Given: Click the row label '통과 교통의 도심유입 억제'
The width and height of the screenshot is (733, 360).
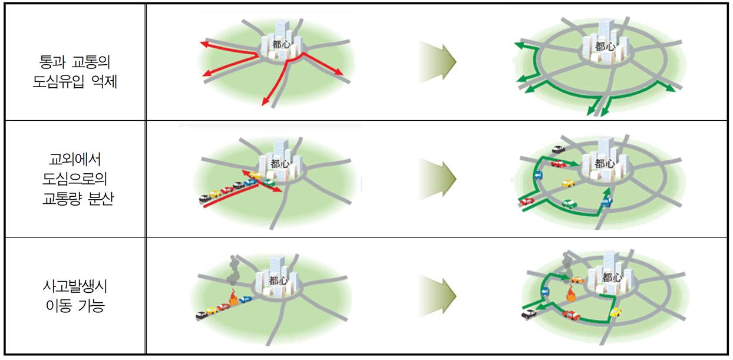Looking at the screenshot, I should tap(75, 71).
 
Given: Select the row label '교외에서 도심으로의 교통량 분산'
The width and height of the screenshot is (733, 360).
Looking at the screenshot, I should tap(75, 179).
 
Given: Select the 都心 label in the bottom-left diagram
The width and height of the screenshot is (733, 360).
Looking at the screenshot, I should tap(278, 281).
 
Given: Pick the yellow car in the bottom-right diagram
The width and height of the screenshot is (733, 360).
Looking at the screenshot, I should tap(615, 312).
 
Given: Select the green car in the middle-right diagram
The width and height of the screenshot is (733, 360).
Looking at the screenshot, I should tap(569, 204).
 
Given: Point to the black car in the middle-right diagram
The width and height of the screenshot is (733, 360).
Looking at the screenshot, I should tap(556, 150).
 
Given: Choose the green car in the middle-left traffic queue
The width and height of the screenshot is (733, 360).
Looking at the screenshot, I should tap(269, 183).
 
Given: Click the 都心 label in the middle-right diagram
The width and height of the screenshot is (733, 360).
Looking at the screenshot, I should tap(605, 163).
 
